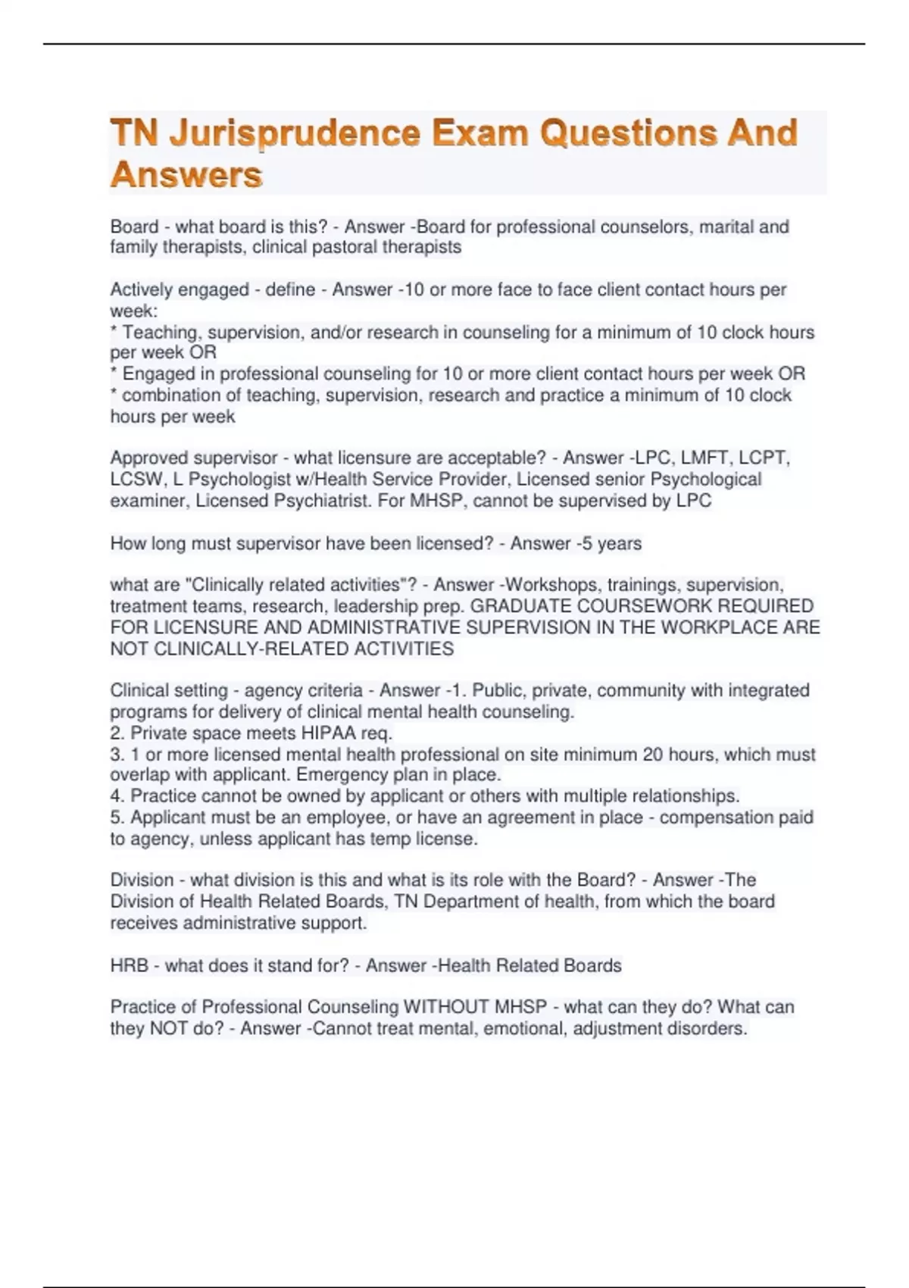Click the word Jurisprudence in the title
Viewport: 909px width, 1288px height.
tap(295, 134)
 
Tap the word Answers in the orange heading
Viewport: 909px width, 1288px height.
tap(186, 175)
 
